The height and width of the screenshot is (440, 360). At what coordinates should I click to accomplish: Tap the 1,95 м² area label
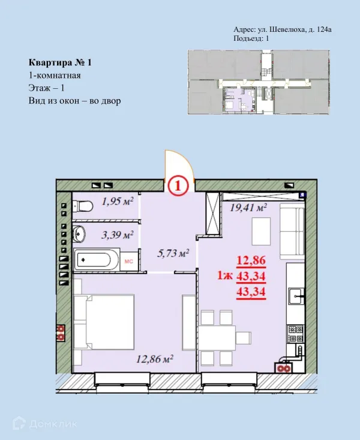(117, 202)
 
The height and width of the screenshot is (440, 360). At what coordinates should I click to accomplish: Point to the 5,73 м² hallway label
(173, 253)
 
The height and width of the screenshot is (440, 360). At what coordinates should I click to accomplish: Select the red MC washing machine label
(128, 261)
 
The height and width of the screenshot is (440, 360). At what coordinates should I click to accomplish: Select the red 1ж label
(226, 277)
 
